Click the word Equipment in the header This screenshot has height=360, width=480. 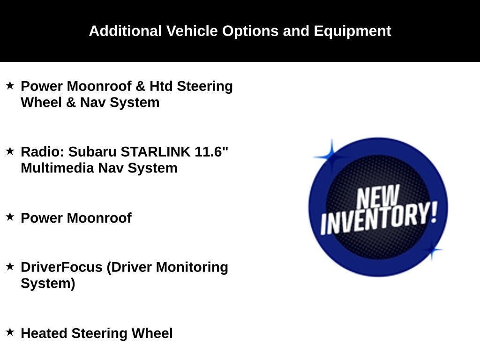[x=352, y=31]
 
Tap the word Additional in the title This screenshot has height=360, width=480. [x=125, y=31]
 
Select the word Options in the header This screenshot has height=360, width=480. [x=250, y=31]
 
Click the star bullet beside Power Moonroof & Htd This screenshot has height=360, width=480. [x=10, y=85]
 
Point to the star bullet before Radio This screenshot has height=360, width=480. [x=10, y=151]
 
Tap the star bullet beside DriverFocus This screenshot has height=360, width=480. [x=10, y=266]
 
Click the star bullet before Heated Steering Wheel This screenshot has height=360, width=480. [x=10, y=332]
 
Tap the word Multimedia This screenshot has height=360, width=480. [x=57, y=168]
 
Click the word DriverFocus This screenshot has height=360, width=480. [x=61, y=267]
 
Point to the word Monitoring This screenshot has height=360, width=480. [x=192, y=267]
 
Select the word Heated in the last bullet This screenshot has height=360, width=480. [x=44, y=333]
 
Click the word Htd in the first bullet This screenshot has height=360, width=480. [x=161, y=86]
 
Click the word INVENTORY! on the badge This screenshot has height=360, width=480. [x=379, y=218]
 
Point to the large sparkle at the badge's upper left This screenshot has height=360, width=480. [x=332, y=157]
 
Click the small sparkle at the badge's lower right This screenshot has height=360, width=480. [x=432, y=250]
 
